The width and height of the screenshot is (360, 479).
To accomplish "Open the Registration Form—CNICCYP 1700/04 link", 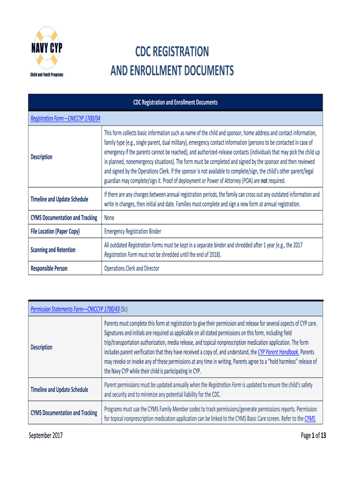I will tap(65, 118).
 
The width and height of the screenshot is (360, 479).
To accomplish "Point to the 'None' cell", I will tap(109, 218).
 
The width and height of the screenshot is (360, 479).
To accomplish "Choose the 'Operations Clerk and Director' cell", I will tap(131, 269).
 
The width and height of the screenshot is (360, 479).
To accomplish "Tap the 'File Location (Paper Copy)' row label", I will tap(55, 231).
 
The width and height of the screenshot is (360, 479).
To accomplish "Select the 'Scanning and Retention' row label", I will tap(53, 250).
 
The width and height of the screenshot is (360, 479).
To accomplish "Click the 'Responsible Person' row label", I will tap(49, 269).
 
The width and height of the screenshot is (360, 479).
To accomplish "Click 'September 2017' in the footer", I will tap(46, 436).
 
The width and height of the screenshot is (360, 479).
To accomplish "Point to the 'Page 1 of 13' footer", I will tap(313, 436).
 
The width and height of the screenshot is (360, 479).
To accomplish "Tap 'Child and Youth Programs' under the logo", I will tap(46, 75).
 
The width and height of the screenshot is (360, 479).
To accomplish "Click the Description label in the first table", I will tap(42, 157).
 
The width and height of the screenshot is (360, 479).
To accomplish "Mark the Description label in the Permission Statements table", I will tap(42, 347).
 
